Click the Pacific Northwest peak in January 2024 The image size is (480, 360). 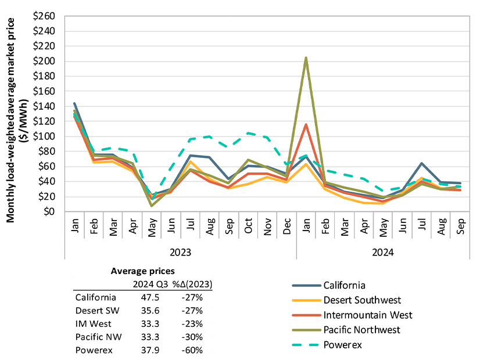point(306,58)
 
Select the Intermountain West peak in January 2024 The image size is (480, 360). point(306,124)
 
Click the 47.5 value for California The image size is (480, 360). point(142,297)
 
